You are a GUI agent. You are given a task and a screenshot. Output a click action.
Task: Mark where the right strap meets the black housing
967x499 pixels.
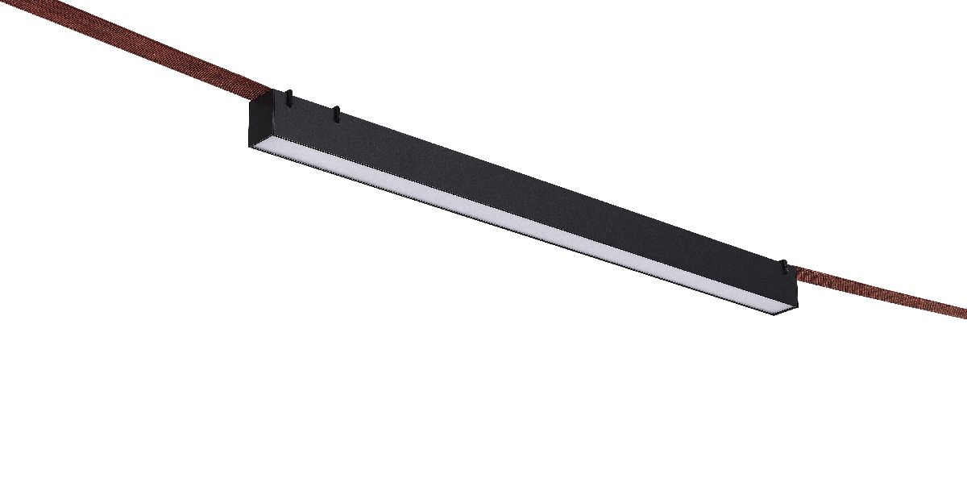pyautogui.click(x=797, y=274)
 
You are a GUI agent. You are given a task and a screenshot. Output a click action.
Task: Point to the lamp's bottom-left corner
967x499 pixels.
pyautogui.click(x=250, y=146)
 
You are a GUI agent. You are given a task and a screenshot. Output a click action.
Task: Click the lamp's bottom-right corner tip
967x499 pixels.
pyautogui.click(x=786, y=314)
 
